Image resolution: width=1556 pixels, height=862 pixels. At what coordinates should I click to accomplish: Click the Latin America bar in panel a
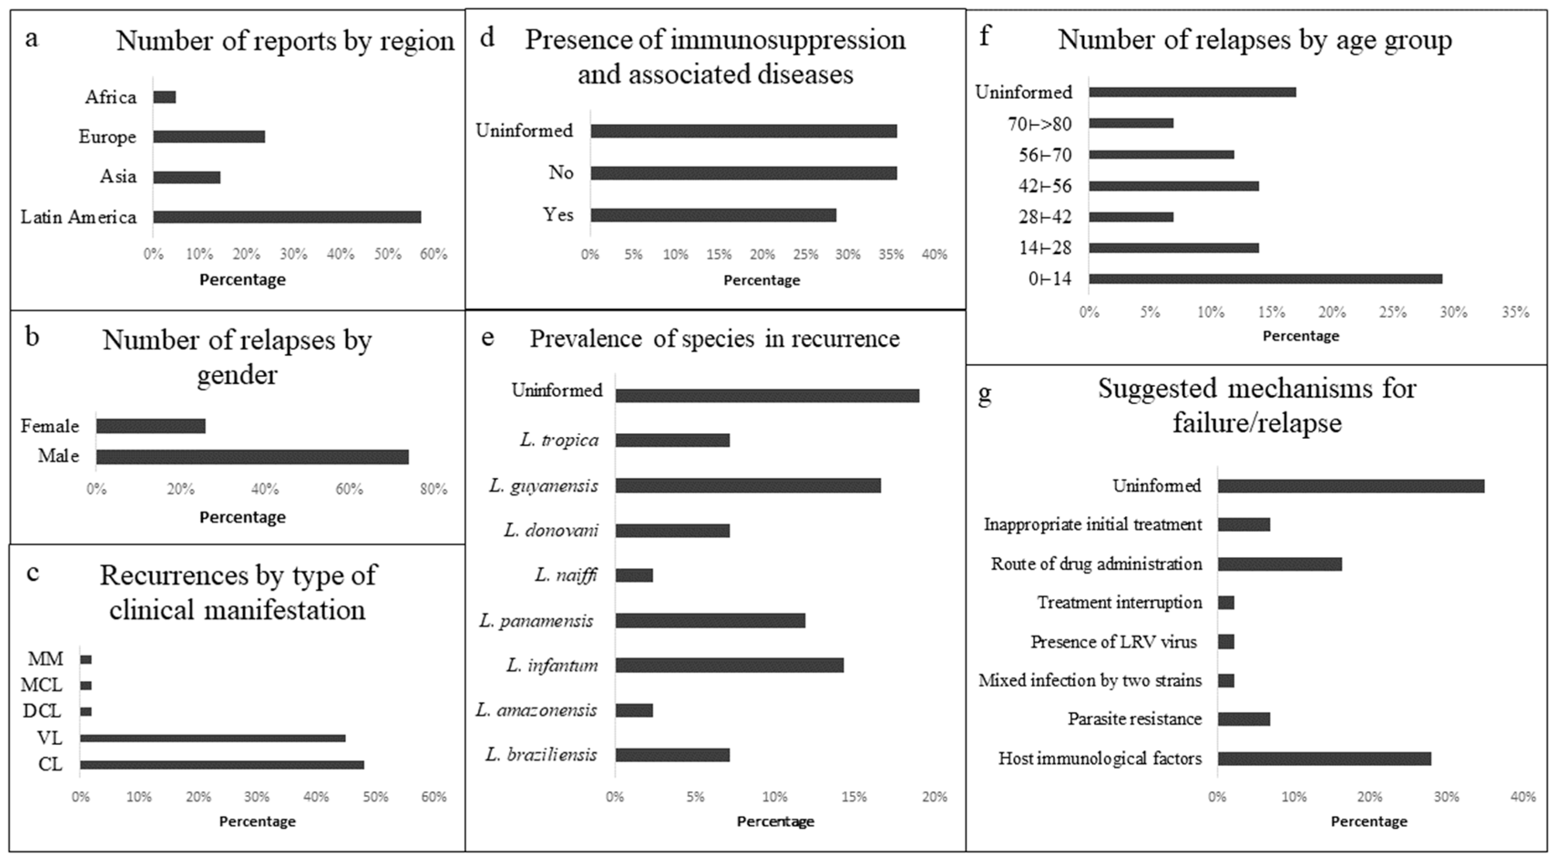coord(287,217)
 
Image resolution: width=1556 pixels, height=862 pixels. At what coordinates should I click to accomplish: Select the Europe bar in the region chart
coord(209,137)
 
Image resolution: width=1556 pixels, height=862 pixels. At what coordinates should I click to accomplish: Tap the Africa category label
coord(111,97)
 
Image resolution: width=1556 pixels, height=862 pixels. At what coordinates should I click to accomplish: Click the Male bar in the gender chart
coord(252,457)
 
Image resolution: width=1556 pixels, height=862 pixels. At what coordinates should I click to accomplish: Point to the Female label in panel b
coord(50,426)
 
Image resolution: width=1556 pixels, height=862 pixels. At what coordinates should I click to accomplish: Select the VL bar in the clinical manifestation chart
coord(213,738)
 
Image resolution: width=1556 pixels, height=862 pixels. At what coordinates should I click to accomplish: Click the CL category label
coord(50,764)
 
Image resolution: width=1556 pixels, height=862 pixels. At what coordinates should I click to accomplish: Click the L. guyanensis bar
coord(748,485)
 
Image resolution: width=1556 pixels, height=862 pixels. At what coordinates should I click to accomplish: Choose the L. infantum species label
coord(552,665)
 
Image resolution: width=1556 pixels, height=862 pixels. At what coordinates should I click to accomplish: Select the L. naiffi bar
coord(634,575)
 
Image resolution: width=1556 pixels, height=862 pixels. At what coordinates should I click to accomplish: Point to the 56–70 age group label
coord(1045,155)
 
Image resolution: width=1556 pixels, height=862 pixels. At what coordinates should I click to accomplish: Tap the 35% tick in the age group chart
coord(1515,312)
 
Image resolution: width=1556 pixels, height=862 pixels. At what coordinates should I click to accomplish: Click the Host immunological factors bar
coord(1324,759)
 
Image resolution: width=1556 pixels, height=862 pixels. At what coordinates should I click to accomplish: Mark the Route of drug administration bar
coord(1280,564)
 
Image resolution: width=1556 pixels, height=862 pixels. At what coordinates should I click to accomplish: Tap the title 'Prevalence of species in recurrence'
coord(715,339)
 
